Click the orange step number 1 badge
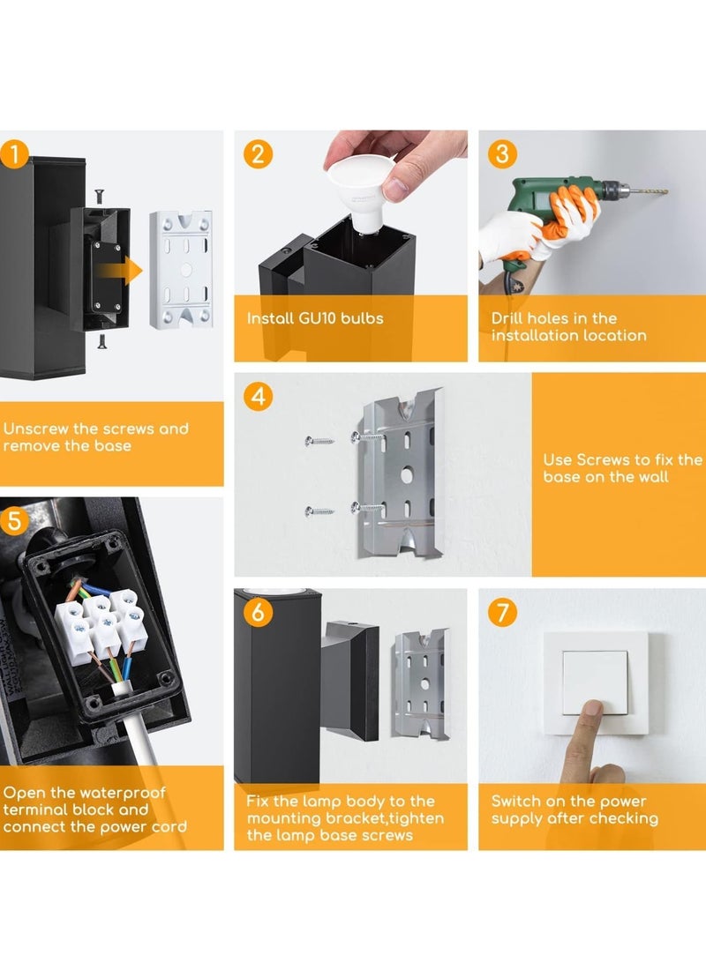pos(14,154)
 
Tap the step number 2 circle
pos(258,153)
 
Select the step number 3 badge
pos(502,153)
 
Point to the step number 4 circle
pos(258,396)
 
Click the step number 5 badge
pos(14,521)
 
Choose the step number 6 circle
pos(258,612)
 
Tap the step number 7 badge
pos(502,612)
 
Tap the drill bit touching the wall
pos(649,191)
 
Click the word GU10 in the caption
pos(318,318)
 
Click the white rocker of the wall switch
pos(595,682)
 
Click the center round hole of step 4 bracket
pos(407,474)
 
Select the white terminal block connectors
pos(101,626)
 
